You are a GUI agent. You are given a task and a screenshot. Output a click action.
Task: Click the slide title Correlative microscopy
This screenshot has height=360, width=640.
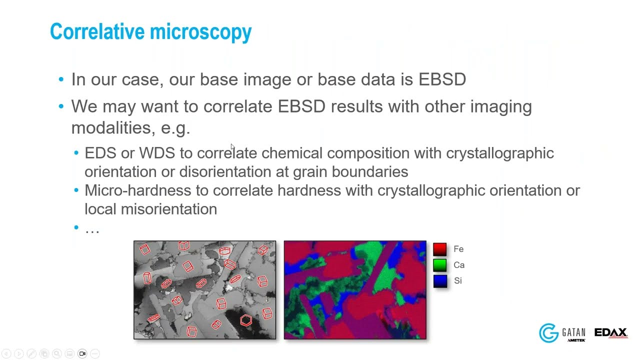point(150,32)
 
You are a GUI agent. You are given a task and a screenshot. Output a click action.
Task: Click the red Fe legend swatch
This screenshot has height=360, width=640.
point(440,249)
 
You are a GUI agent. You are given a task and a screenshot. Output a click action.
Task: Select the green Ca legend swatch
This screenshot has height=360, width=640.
point(440,265)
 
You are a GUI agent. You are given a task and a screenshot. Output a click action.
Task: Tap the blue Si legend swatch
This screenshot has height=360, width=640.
point(440,281)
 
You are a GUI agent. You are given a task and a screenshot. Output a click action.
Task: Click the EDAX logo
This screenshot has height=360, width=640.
point(611,333)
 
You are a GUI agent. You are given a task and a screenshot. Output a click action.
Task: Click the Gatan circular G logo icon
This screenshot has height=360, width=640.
point(548,333)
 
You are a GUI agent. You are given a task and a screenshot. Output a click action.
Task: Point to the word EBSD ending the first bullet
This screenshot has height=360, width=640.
point(442,79)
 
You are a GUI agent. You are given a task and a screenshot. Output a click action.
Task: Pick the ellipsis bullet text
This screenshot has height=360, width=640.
point(92,229)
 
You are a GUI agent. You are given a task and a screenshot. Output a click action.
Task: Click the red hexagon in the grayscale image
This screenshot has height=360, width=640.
point(245,320)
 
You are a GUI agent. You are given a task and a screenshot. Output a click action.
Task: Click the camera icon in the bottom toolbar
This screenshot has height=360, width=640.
point(82,353)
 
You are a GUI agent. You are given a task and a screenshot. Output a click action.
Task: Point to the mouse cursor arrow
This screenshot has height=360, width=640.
point(232,147)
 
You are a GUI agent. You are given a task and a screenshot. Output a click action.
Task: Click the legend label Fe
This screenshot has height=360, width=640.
point(458,249)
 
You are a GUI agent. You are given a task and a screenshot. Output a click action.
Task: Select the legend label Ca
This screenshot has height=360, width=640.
point(459,265)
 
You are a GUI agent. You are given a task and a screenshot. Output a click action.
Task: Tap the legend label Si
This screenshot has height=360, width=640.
point(457,281)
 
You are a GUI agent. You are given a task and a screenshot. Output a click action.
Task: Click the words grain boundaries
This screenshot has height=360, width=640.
point(350,172)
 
